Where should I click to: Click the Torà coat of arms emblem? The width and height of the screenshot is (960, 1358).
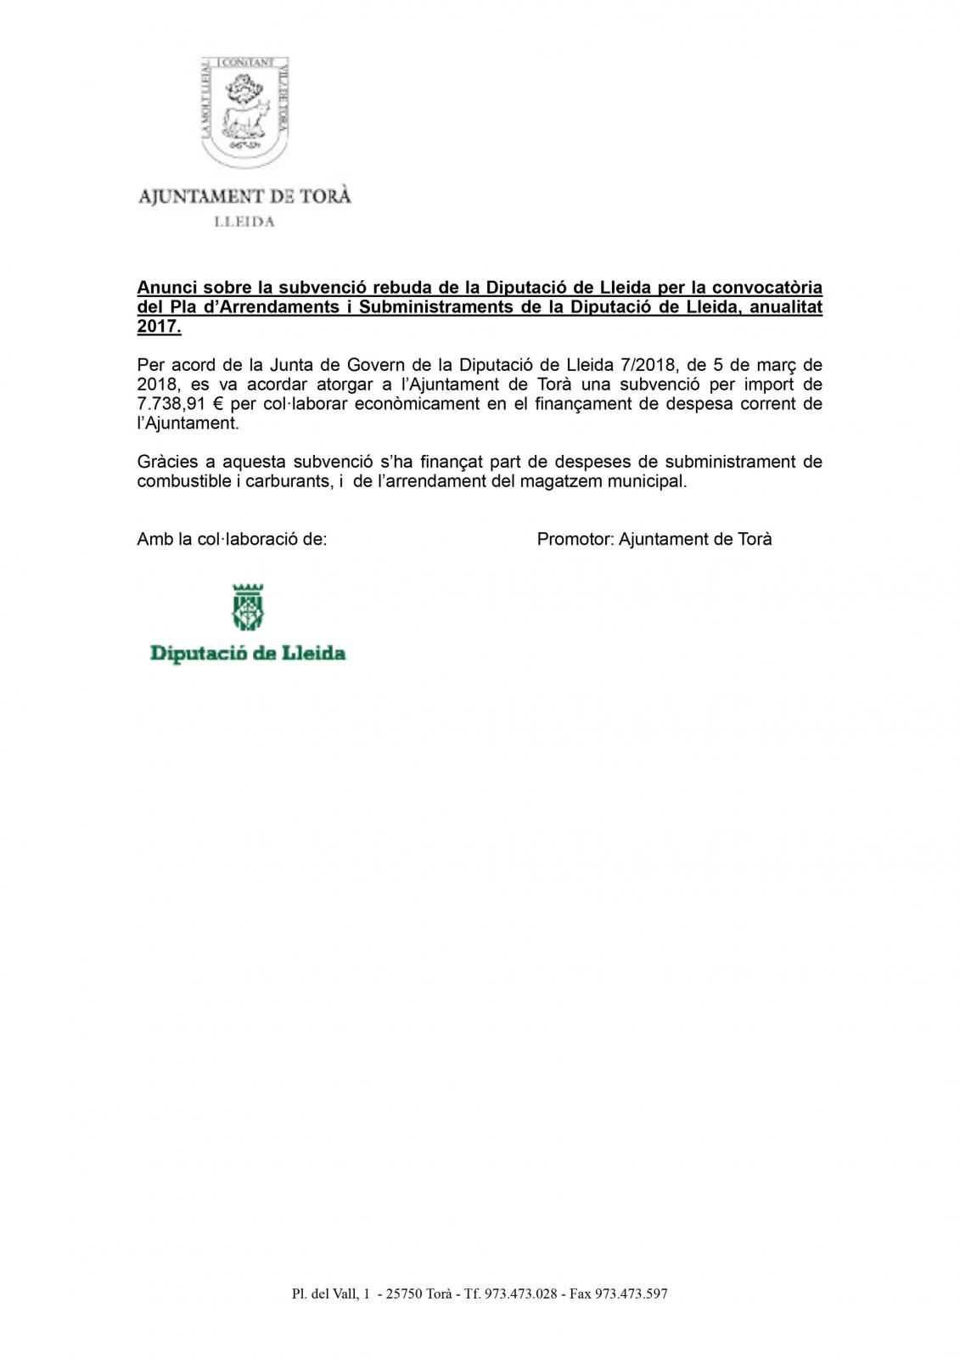pos(245,109)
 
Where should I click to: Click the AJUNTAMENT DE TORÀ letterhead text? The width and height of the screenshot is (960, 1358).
pos(244,196)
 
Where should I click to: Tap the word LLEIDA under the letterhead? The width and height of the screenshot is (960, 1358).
pos(244,222)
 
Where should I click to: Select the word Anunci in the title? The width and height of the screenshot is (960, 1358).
pos(166,288)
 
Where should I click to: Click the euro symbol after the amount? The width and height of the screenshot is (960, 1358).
pos(218,404)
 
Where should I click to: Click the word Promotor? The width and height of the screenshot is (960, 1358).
pos(574,539)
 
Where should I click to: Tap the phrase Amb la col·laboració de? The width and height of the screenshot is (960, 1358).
pos(232,539)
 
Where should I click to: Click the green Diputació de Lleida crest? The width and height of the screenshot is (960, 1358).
pos(248,606)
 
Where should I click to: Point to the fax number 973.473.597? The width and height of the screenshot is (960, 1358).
pos(632,1294)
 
